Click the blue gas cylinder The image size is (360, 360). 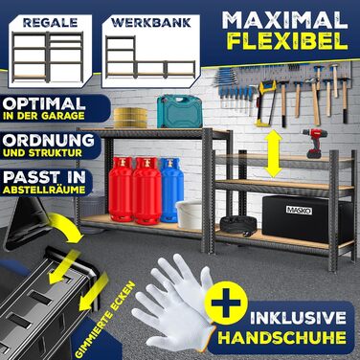click(171, 190)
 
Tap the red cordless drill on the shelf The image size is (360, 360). click(312, 144)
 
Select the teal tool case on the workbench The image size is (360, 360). click(179, 111)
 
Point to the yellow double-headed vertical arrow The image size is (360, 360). click(273, 153)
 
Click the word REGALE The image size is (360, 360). click(50, 23)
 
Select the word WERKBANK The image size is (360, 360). click(151, 22)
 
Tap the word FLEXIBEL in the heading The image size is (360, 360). click(288, 41)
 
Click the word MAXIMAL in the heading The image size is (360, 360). click(285, 21)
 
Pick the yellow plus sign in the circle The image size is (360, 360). click(226, 303)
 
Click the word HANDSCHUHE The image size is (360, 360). click(282, 338)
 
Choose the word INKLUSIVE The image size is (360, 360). click(298, 318)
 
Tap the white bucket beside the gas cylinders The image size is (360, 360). click(189, 214)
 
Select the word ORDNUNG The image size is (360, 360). click(49, 141)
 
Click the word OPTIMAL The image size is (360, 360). click(44, 104)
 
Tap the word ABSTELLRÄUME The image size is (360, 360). click(44, 190)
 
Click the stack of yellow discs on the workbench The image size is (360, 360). click(130, 118)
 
